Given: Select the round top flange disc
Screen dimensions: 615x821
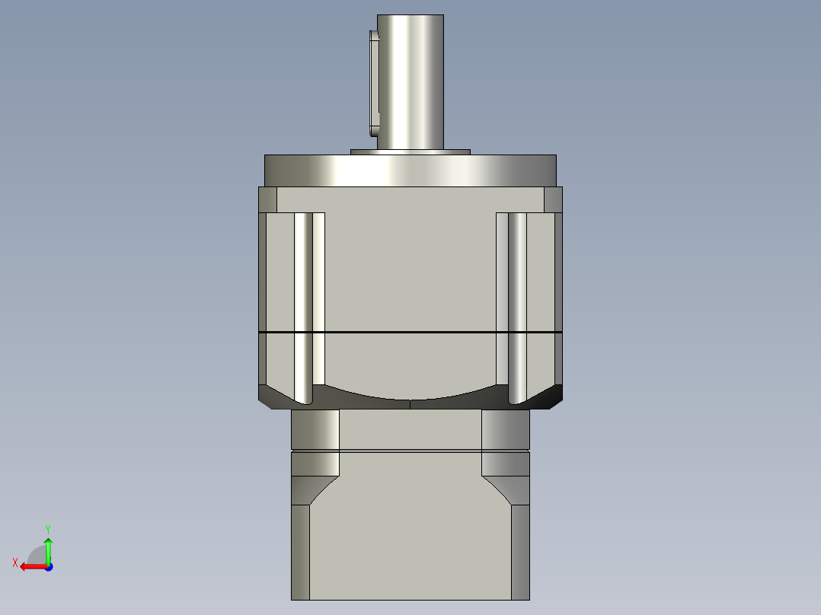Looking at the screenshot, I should [410, 170].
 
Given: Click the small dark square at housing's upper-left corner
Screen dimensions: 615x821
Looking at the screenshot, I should [267, 199].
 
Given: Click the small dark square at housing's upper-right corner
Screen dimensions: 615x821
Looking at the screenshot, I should [554, 199].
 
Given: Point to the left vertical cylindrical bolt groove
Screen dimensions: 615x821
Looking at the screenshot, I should [303, 304].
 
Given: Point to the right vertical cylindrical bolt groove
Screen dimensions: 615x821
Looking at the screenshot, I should [517, 304].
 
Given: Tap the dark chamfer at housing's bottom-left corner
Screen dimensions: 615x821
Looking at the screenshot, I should [273, 396].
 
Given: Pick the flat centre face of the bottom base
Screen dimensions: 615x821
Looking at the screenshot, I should [410, 540].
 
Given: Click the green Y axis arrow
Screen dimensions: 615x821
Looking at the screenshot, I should [48, 546].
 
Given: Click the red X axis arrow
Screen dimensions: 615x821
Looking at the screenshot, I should [30, 566].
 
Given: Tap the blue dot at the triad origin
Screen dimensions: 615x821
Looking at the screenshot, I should [48, 567].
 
